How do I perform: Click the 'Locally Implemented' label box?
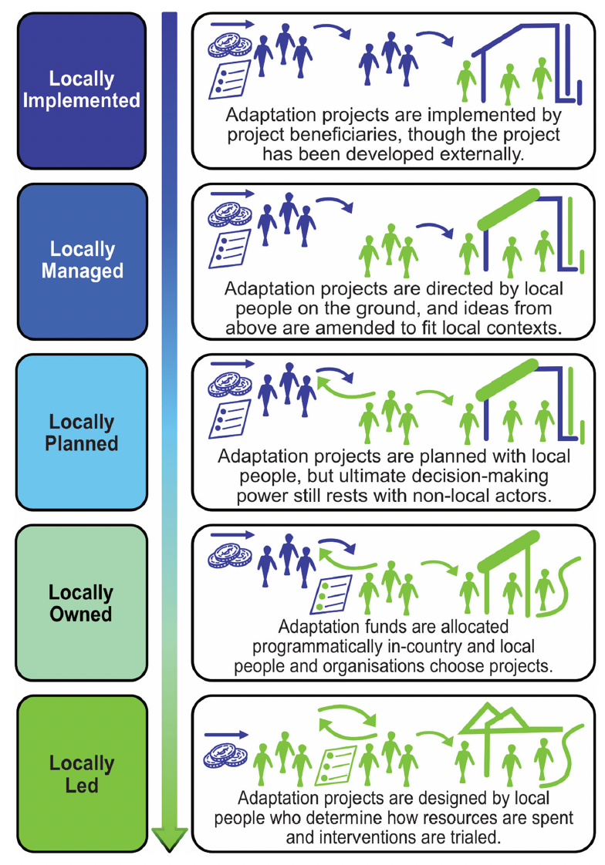pos(83,90)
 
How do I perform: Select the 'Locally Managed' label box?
pos(83,261)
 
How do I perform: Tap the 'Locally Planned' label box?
pos(83,432)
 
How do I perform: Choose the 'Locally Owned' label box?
pos(83,603)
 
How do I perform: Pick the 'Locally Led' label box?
pos(83,773)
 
